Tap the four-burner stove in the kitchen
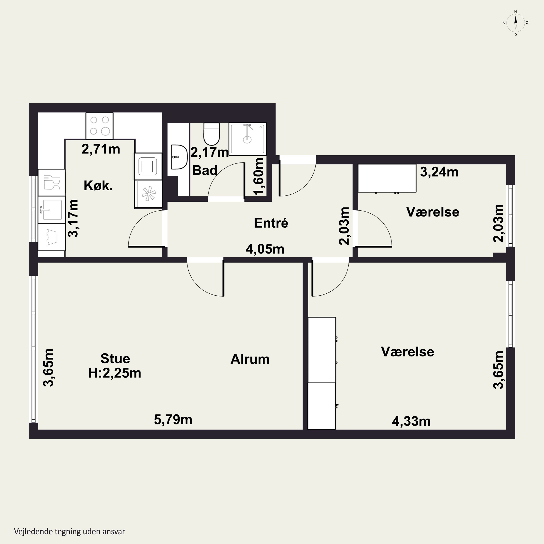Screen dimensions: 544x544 tap(99, 126)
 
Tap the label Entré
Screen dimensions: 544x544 tap(271, 223)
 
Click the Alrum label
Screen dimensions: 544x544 tap(250, 359)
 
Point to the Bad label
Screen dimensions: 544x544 tap(205, 170)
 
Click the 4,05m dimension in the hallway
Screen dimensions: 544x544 tap(265, 249)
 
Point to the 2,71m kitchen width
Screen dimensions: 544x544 tap(101, 149)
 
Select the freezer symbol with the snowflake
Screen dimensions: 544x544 tap(148, 194)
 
